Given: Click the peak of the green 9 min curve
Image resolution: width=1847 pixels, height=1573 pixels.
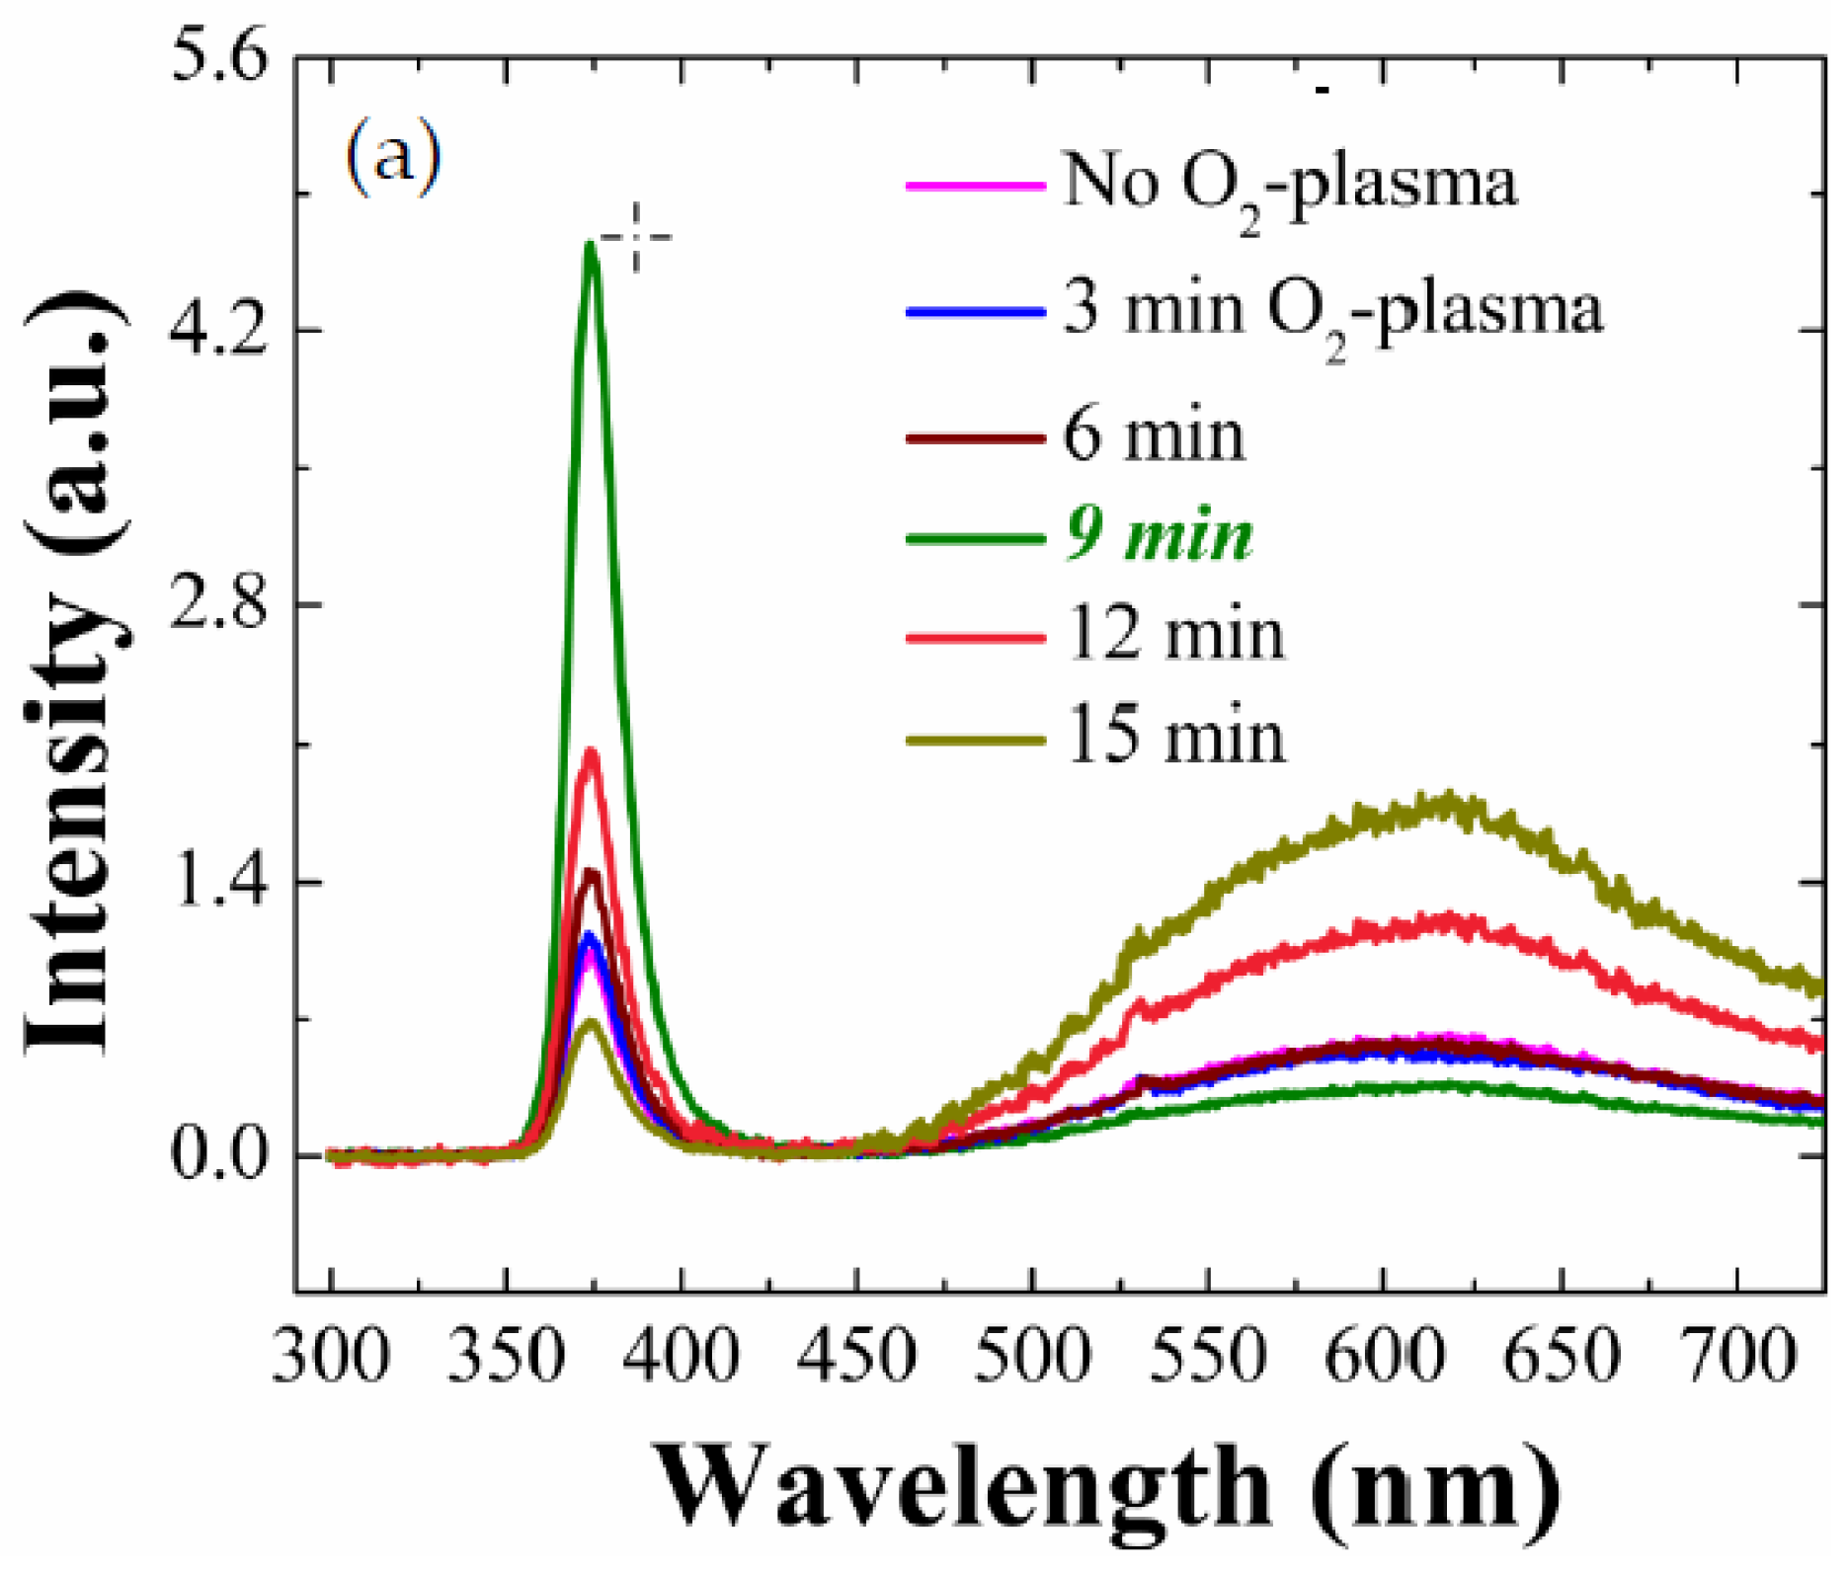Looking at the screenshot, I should coord(590,245).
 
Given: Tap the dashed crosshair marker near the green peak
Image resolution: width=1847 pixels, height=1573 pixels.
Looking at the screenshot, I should coord(636,237).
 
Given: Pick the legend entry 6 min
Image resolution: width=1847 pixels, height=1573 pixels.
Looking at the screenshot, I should coord(1153,434).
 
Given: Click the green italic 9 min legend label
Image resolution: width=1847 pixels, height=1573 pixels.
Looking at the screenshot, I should coord(1160,537).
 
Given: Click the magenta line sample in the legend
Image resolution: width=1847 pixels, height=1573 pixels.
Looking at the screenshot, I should coord(975,185).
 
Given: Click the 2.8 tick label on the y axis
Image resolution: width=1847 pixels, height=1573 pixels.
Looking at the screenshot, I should coord(219,604).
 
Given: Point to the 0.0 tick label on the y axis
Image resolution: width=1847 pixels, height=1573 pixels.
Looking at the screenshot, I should coord(219,1153).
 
